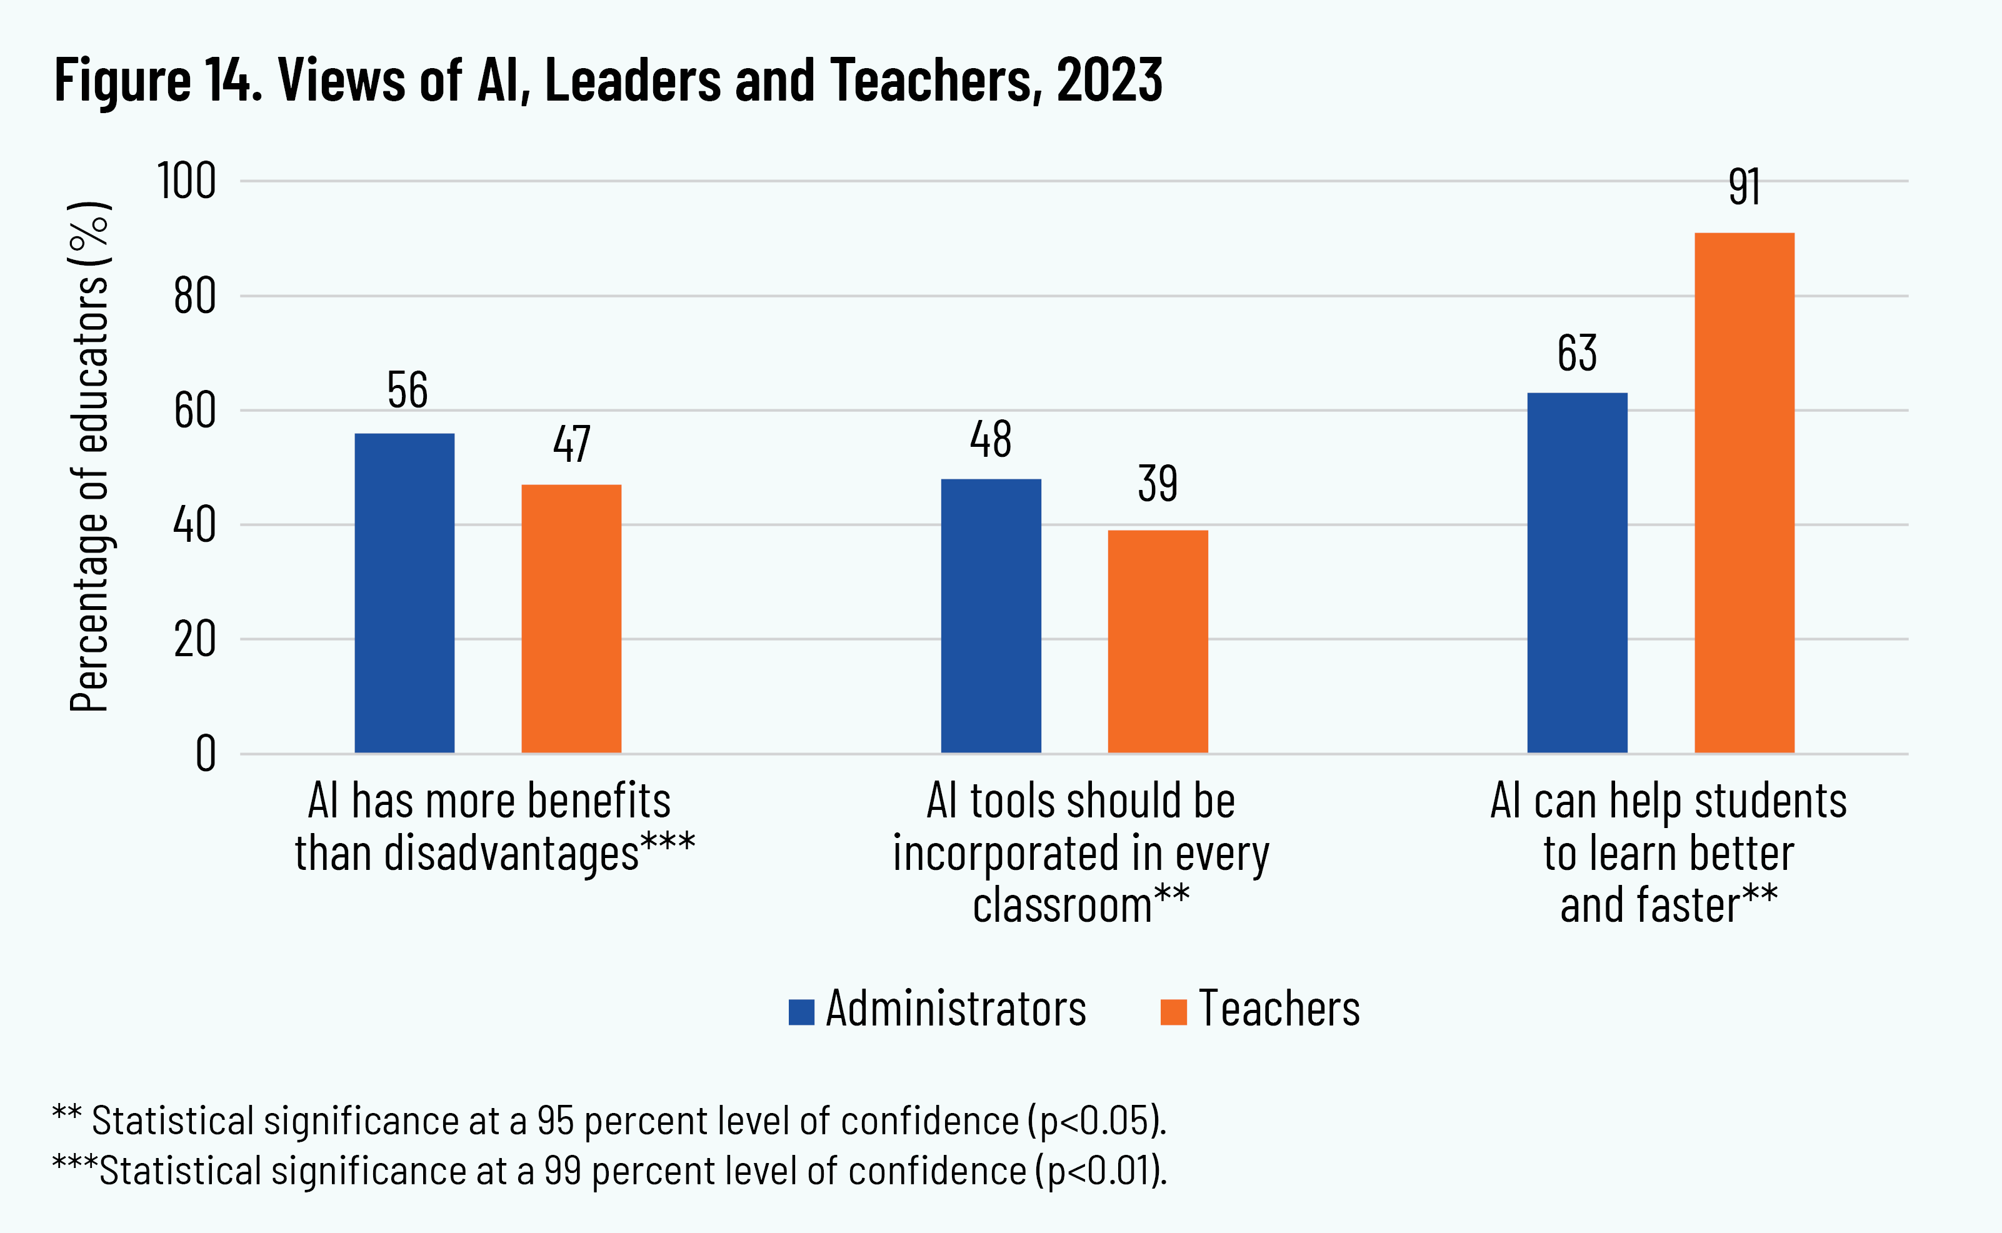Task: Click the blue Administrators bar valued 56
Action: (404, 593)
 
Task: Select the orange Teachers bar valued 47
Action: (571, 618)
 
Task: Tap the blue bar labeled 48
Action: (991, 616)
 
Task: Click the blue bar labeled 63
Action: (1577, 572)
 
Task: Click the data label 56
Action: (407, 390)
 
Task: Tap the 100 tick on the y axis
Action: (187, 181)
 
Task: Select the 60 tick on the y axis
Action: (195, 410)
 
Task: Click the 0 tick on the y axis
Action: (206, 754)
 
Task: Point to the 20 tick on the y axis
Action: (195, 639)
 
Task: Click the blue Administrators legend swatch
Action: (801, 1011)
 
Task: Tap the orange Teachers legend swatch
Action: (1173, 1011)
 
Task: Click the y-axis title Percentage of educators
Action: (90, 457)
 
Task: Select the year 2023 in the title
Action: (1109, 80)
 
